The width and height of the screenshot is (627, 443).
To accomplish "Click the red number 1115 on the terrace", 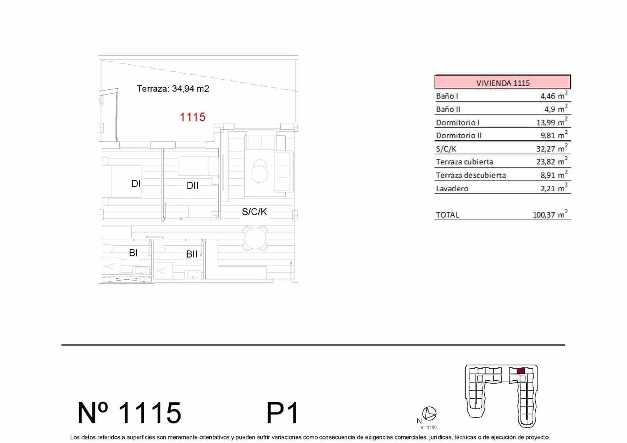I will click(192, 117).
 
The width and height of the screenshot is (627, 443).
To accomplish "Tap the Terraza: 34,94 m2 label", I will click(173, 89).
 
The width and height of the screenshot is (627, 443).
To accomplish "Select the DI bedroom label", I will click(136, 183).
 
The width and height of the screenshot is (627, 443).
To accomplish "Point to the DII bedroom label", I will click(192, 185).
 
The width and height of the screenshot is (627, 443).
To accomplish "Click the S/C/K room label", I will click(254, 212).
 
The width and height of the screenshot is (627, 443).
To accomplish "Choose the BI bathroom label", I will click(133, 253).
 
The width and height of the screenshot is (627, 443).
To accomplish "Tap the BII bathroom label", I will click(192, 254).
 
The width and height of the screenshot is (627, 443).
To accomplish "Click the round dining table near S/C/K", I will click(255, 238).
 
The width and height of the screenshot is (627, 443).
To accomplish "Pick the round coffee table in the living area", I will click(259, 172).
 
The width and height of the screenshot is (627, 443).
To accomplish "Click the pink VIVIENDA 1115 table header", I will click(502, 83).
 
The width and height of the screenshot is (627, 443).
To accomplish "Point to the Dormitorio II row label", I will click(458, 136).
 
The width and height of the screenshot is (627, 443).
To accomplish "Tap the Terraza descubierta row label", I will click(471, 175).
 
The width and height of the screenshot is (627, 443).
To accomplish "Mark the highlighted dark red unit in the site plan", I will click(521, 371).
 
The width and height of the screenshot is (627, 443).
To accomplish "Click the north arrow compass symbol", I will click(430, 413).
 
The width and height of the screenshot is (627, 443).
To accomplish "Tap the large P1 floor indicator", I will click(282, 413).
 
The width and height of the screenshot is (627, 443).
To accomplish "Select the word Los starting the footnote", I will click(74, 437).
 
